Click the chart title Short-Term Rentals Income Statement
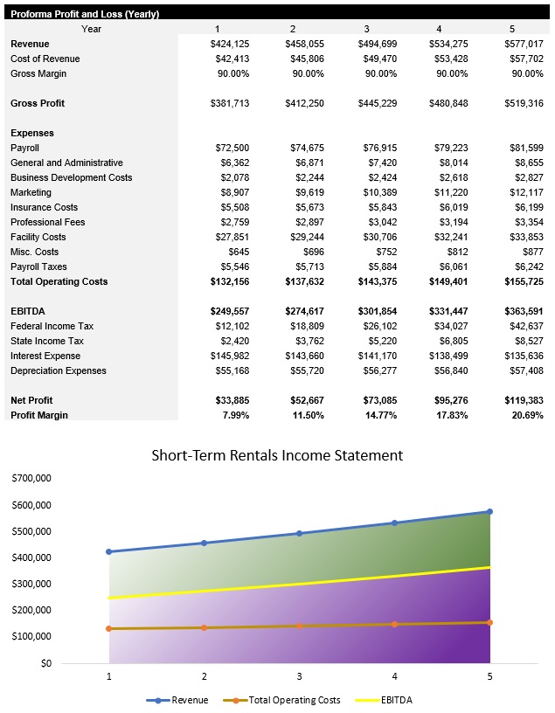click(277, 455)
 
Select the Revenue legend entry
click(189, 700)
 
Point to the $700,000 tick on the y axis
click(31, 479)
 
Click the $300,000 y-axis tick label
click(31, 584)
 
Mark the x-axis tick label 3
click(299, 676)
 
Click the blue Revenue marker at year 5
click(489, 511)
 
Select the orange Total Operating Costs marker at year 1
click(109, 628)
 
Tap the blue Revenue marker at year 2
click(205, 543)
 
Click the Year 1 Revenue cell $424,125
click(230, 44)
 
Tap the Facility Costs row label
click(38, 237)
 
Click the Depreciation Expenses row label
click(59, 370)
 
